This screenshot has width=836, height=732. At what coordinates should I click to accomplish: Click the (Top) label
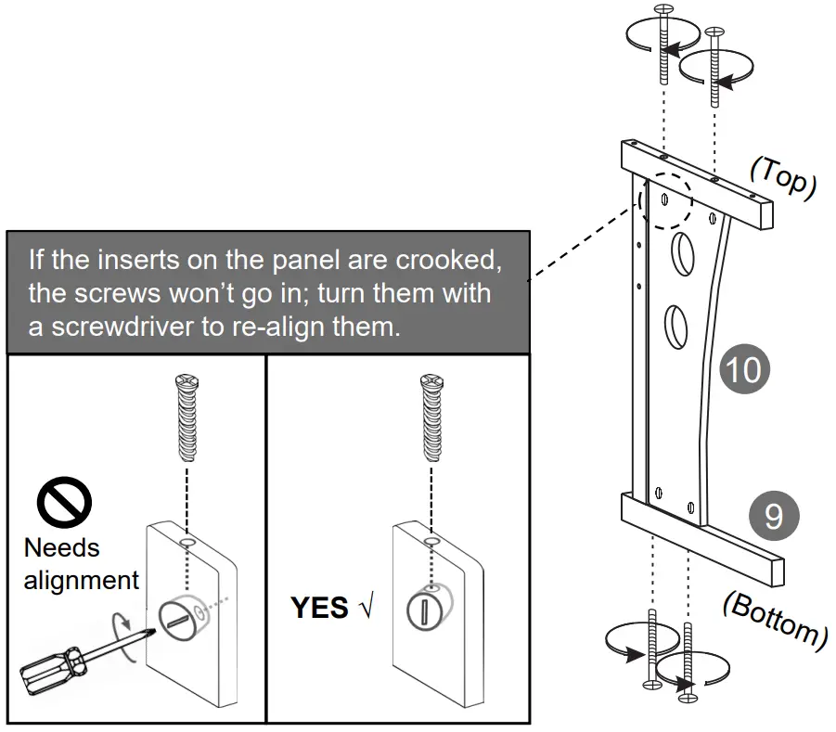point(782,178)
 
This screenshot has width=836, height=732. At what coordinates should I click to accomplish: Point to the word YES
point(319,609)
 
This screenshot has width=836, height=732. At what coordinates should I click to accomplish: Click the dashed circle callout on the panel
point(665,199)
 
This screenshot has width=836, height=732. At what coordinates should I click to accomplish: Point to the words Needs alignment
point(80,564)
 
